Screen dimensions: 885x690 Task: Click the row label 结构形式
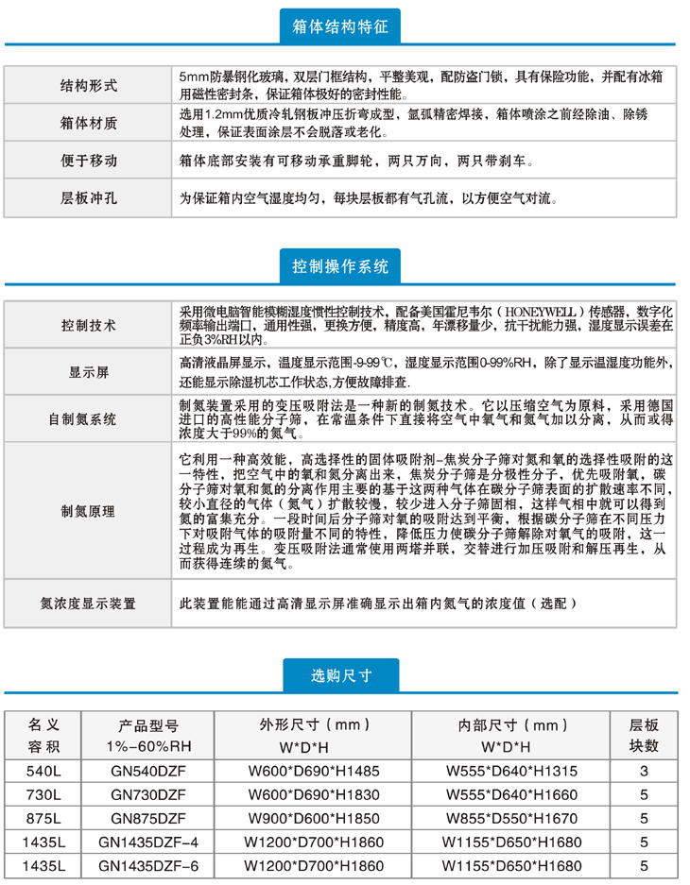89,85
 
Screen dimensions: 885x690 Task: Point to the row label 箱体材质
89,123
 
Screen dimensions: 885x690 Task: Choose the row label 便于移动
89,161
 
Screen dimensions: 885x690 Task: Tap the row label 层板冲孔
89,198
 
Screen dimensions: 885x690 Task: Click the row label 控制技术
89,326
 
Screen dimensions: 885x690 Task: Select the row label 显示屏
89,372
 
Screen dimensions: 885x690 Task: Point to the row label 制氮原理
89,511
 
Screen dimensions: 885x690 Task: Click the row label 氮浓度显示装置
89,603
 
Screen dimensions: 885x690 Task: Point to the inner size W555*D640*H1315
510,772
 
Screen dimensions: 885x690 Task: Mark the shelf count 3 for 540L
645,772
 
